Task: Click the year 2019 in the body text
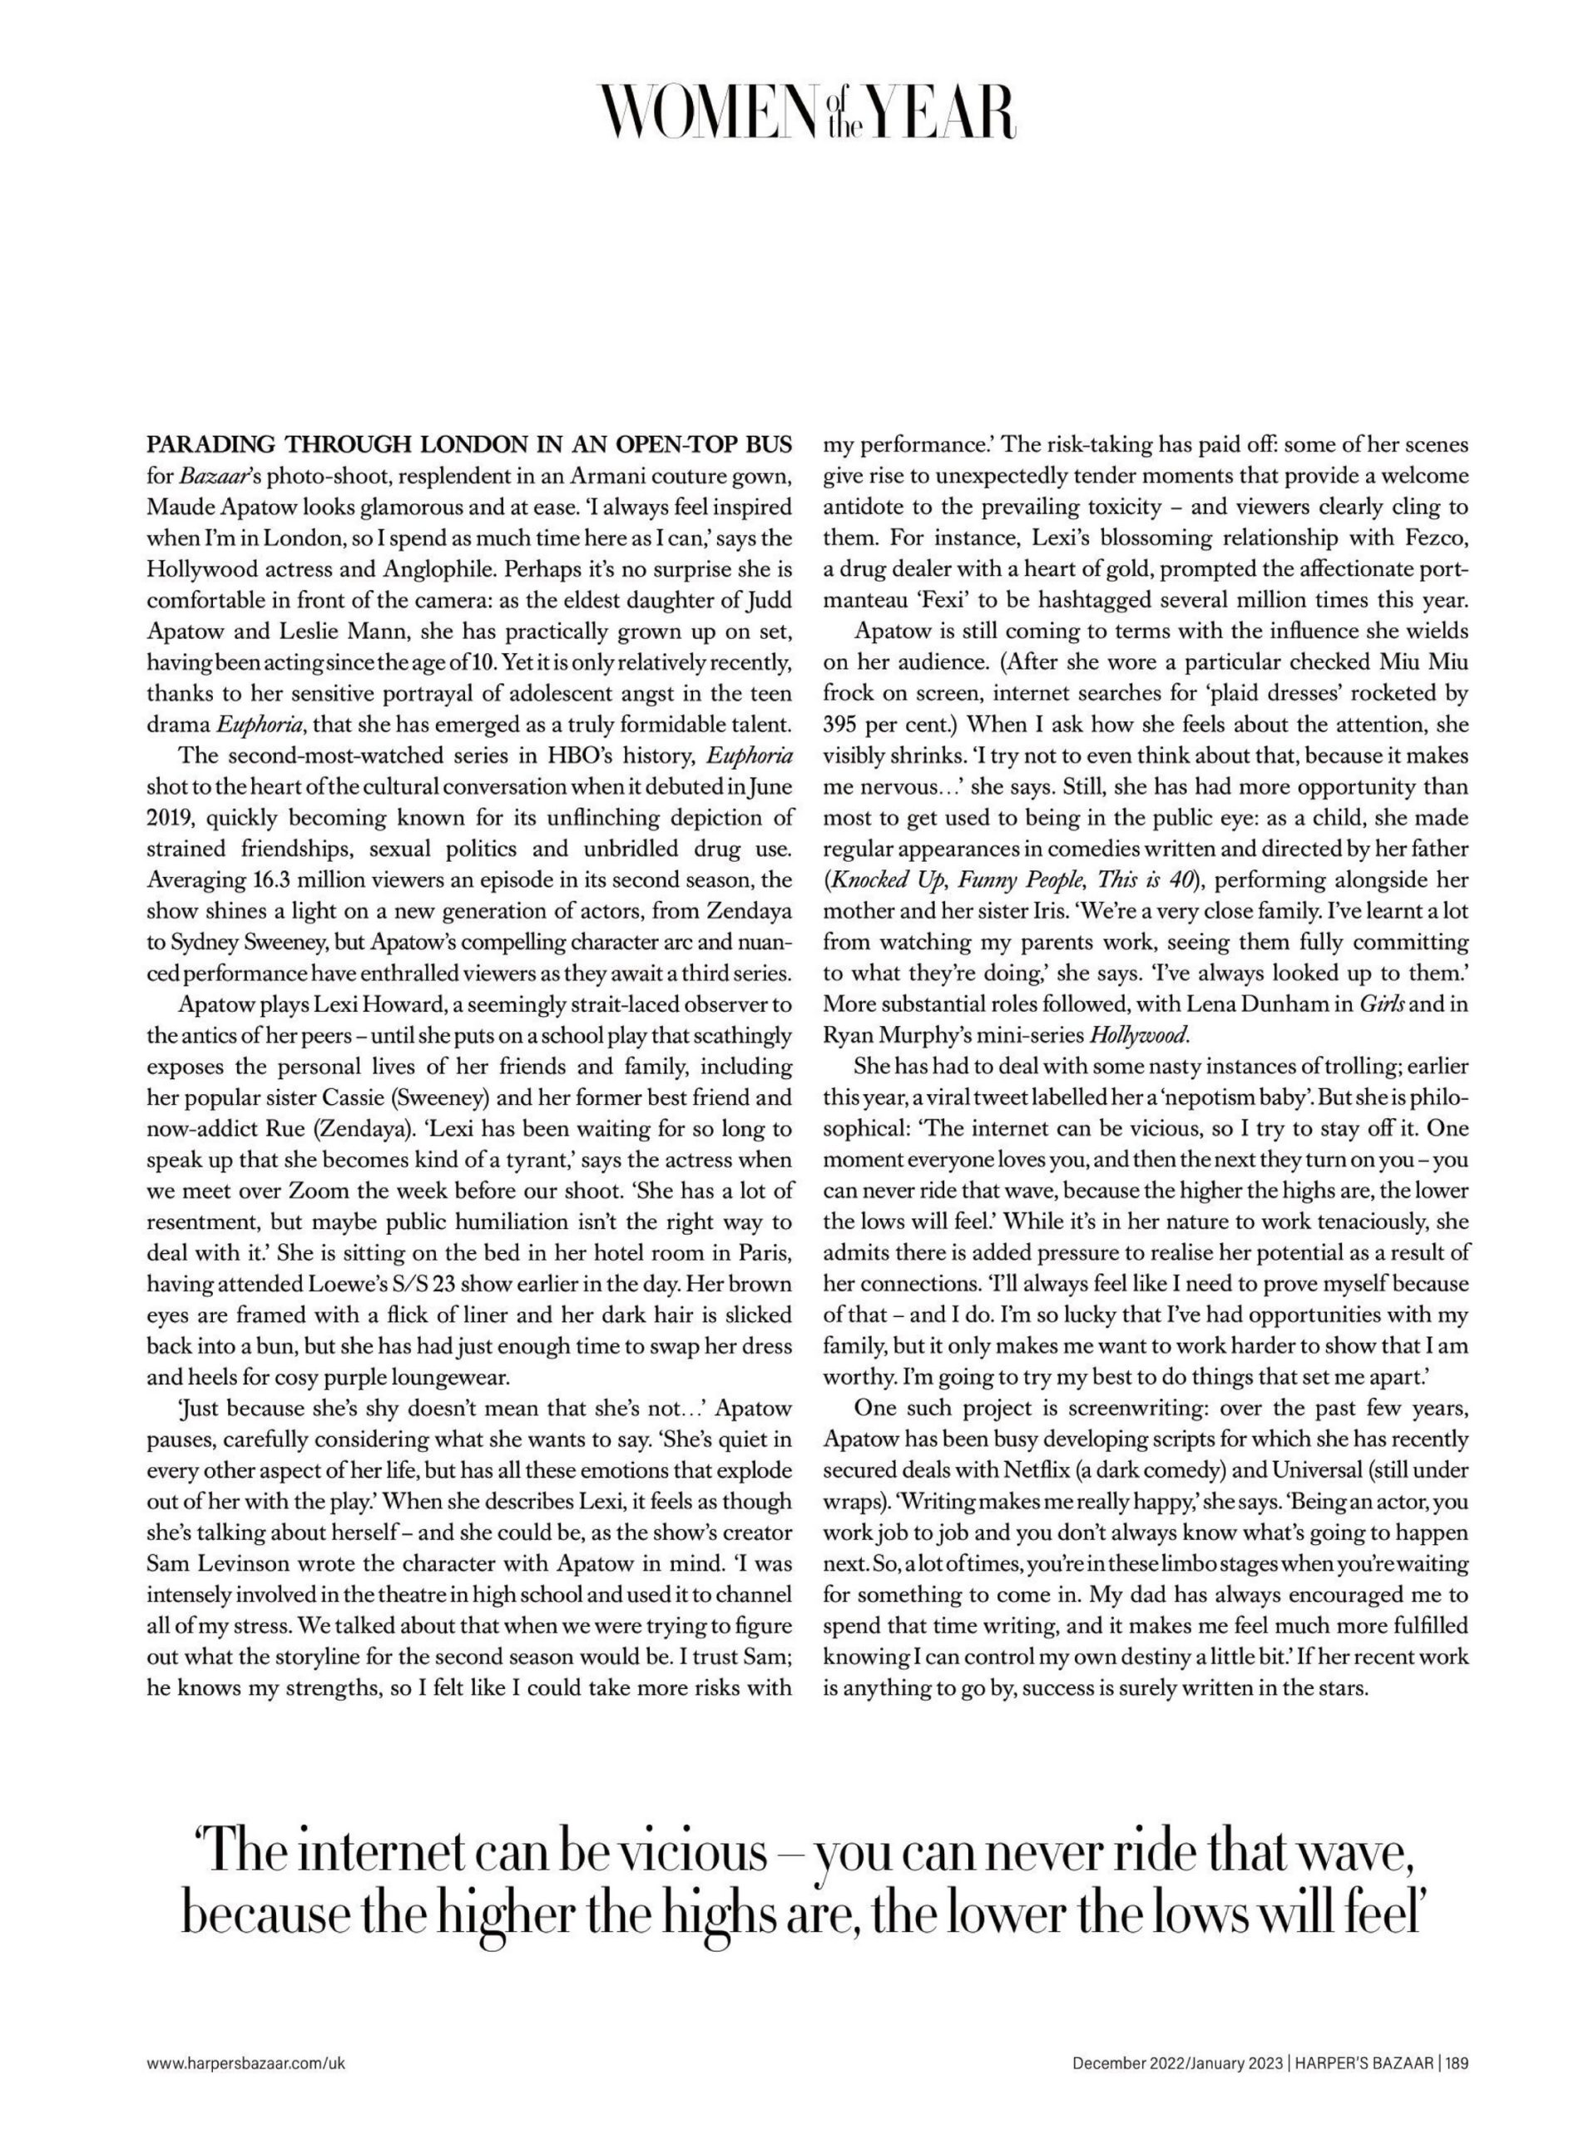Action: click(x=171, y=819)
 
